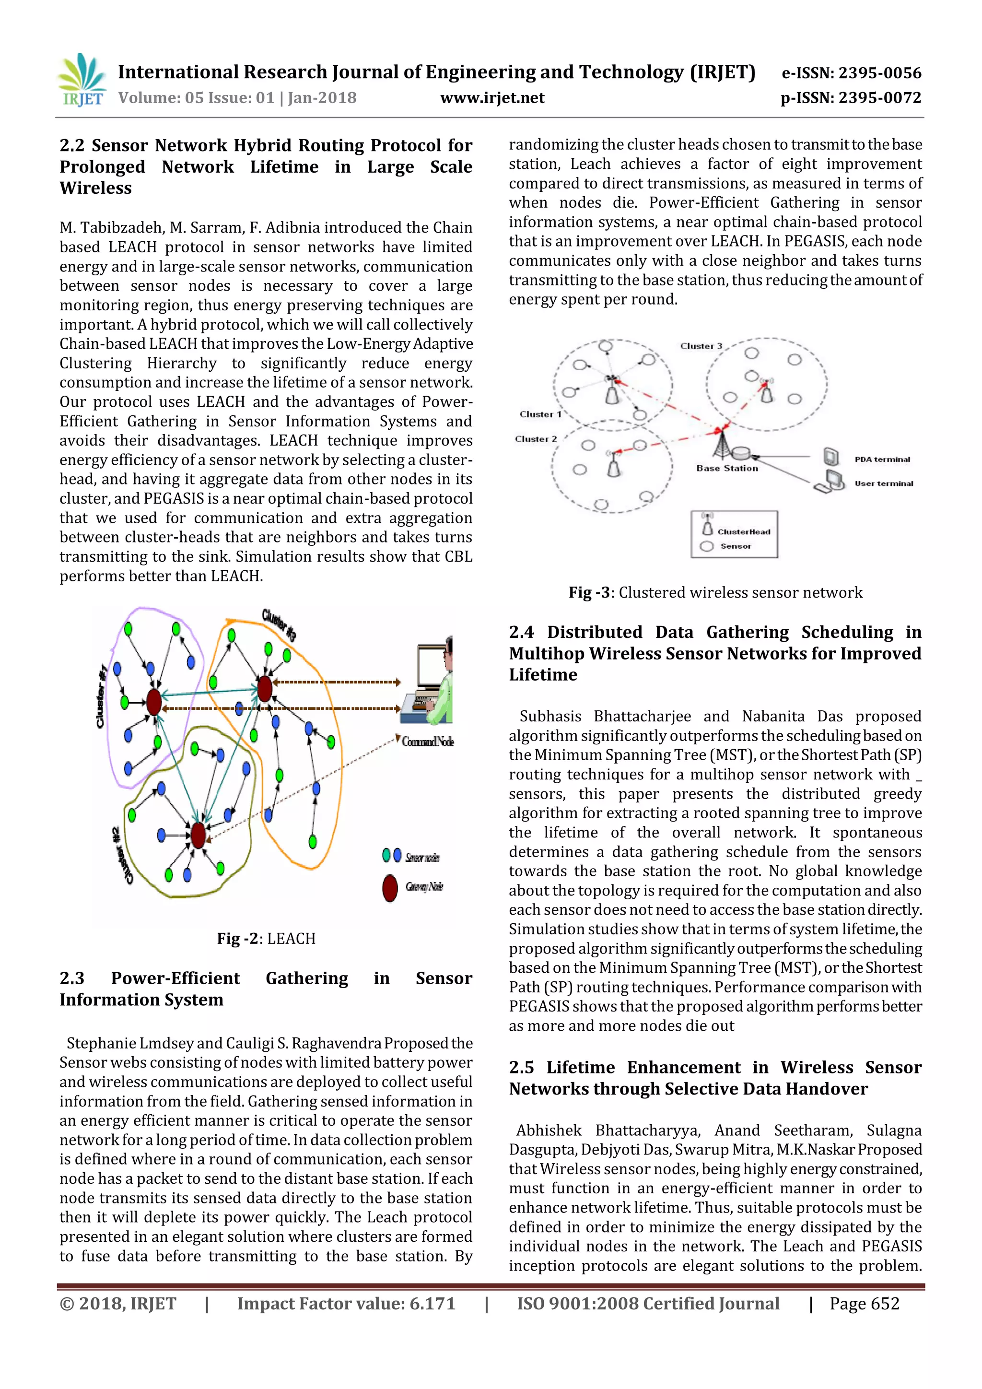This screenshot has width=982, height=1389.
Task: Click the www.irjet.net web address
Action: click(x=492, y=98)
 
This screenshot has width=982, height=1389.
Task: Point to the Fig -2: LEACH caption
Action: click(x=266, y=938)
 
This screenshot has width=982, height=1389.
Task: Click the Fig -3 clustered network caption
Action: click(x=715, y=592)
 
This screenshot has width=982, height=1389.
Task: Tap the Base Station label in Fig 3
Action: click(x=727, y=468)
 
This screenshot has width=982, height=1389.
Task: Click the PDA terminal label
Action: click(x=882, y=459)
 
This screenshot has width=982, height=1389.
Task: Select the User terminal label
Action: click(x=883, y=483)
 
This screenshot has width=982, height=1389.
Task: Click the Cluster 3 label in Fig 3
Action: click(x=701, y=346)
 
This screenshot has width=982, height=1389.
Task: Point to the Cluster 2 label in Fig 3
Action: click(x=536, y=439)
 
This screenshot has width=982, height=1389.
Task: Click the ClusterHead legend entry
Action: click(x=743, y=532)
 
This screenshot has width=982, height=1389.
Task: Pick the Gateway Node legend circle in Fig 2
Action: click(x=390, y=887)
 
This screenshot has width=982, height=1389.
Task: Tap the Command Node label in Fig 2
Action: click(x=428, y=742)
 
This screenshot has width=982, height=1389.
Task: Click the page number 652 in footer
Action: click(x=864, y=1304)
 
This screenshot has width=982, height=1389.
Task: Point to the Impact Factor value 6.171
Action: click(x=346, y=1304)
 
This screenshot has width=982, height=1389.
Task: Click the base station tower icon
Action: click(x=721, y=444)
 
